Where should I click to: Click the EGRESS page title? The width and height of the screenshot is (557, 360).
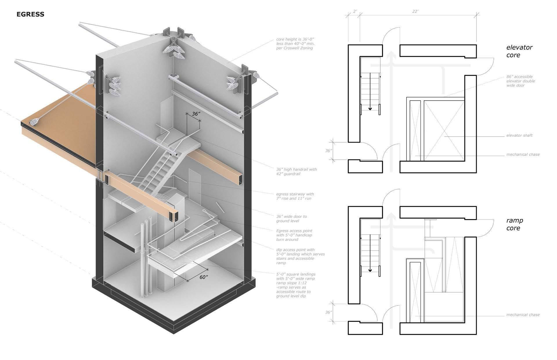click(x=30, y=14)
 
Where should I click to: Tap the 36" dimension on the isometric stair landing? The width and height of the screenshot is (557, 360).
click(x=196, y=114)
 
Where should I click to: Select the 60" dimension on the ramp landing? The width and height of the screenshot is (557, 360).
click(x=204, y=277)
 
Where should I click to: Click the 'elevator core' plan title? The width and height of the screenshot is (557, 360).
click(x=519, y=51)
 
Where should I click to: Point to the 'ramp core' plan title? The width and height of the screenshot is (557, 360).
click(x=515, y=224)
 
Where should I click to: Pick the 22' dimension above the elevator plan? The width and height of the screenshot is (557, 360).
click(x=415, y=11)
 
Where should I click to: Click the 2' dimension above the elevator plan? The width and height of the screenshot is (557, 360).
click(x=355, y=11)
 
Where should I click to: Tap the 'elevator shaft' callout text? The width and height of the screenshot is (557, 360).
click(x=519, y=135)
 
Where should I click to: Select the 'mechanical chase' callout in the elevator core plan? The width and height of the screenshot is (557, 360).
click(x=523, y=154)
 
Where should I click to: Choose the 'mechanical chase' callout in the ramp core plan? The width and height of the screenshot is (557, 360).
click(x=523, y=315)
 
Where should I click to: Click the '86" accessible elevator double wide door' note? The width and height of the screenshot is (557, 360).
click(x=520, y=81)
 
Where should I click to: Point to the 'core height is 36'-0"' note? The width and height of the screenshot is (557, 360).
click(x=295, y=43)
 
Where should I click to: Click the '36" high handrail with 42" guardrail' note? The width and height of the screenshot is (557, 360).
click(x=296, y=172)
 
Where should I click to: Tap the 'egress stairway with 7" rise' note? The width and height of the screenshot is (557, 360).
click(x=295, y=196)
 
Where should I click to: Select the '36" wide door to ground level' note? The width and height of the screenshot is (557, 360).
click(x=291, y=219)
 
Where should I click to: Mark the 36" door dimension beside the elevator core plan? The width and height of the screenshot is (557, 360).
click(x=328, y=151)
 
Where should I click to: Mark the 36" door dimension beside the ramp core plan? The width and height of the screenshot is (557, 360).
click(x=328, y=312)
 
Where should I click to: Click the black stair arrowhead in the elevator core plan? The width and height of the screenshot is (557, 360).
click(x=370, y=109)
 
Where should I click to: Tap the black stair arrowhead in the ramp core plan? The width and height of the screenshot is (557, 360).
click(x=370, y=270)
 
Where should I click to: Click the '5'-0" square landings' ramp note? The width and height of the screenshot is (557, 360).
click(x=295, y=285)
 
